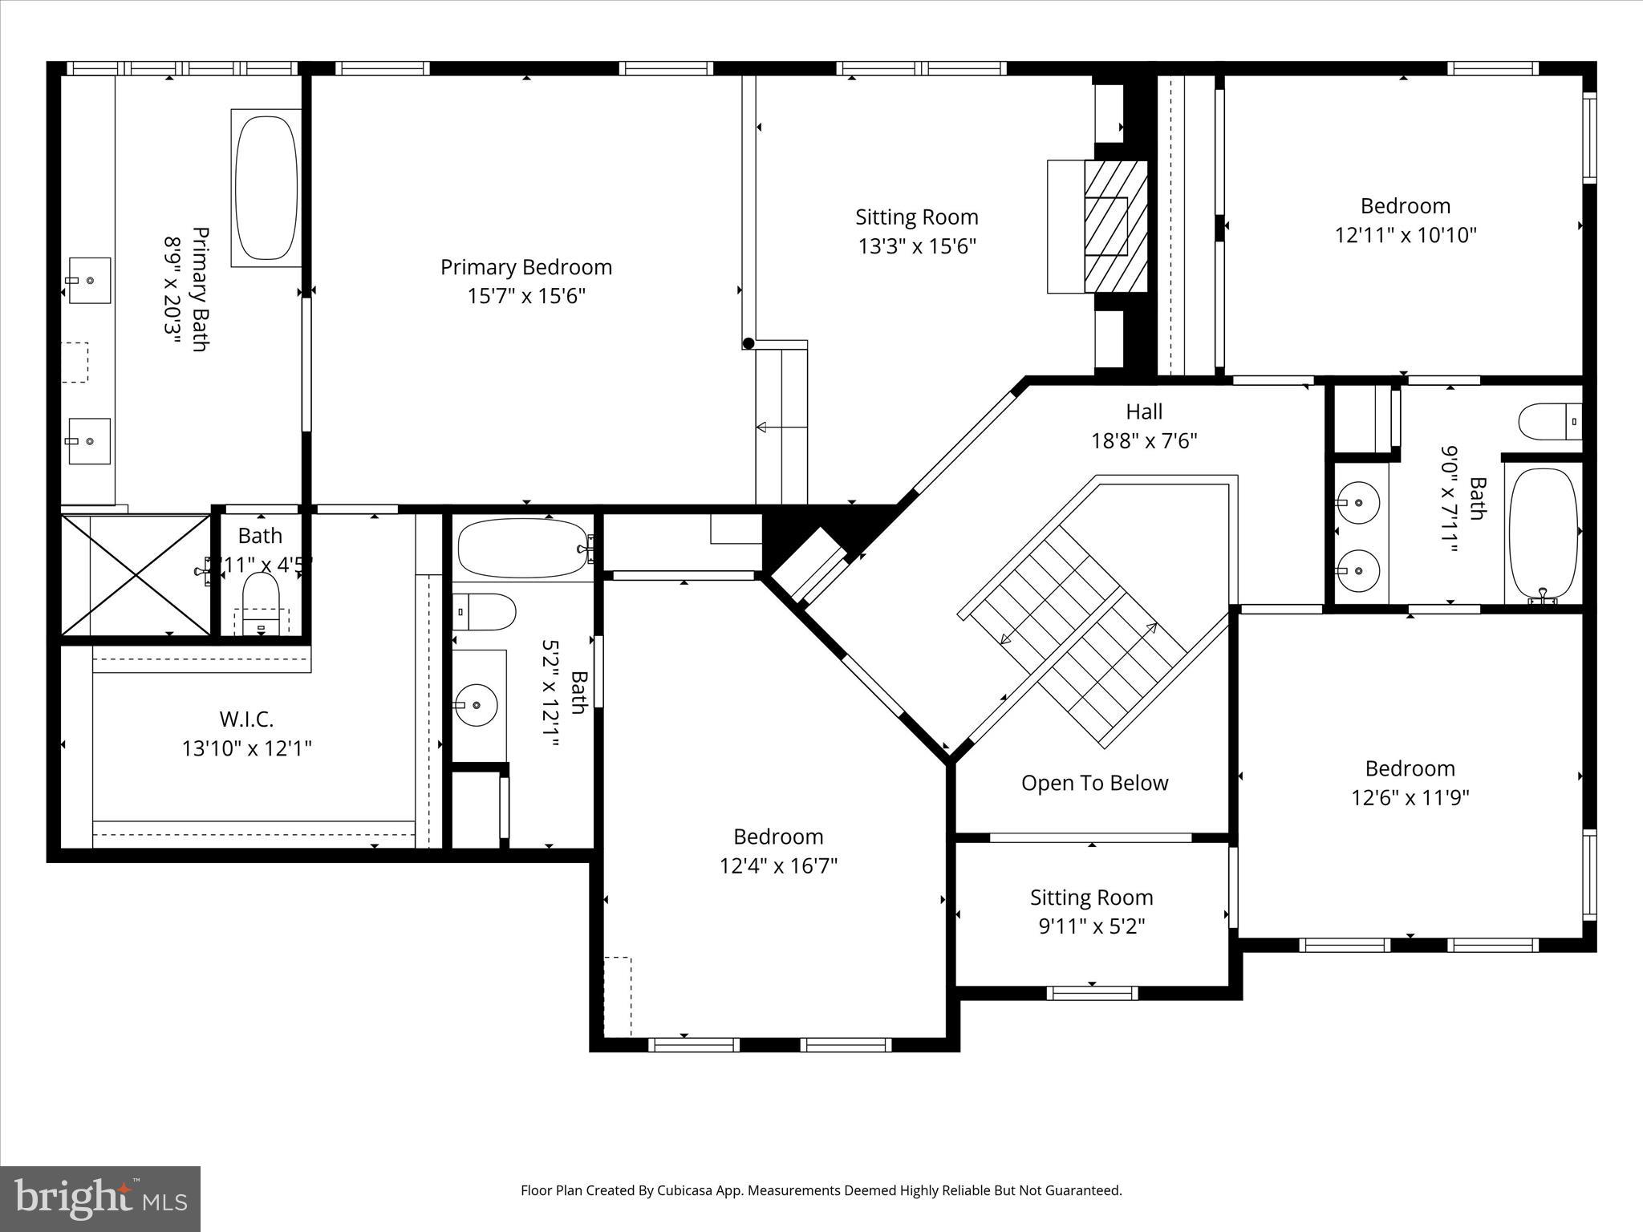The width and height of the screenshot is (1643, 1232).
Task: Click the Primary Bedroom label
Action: click(525, 267)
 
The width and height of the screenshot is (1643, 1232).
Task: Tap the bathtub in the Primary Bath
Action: click(266, 188)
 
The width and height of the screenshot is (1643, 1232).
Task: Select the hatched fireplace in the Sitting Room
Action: click(1115, 226)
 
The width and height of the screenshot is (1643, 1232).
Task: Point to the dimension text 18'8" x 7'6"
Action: click(1143, 440)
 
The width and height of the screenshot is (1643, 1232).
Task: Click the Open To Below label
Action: click(1094, 783)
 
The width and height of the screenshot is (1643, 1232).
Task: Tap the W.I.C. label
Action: click(246, 719)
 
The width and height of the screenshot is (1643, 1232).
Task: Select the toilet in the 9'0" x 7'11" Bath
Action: click(1548, 422)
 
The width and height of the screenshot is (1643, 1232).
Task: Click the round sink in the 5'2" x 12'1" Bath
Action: click(476, 705)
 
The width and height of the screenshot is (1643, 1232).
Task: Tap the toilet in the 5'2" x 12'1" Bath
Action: click(484, 613)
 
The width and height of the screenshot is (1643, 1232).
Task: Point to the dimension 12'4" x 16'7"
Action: click(778, 866)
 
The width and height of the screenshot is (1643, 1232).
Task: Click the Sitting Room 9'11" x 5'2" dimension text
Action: click(1091, 926)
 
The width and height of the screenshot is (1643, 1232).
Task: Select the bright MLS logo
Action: click(100, 1198)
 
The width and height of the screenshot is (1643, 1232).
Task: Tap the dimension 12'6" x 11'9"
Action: click(1410, 798)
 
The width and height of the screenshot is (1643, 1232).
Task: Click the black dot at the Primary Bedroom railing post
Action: click(748, 343)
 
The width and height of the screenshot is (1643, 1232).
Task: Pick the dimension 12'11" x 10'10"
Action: click(1405, 235)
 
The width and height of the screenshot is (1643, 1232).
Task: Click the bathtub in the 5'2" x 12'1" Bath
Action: click(522, 549)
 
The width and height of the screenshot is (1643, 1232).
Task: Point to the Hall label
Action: click(1143, 411)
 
